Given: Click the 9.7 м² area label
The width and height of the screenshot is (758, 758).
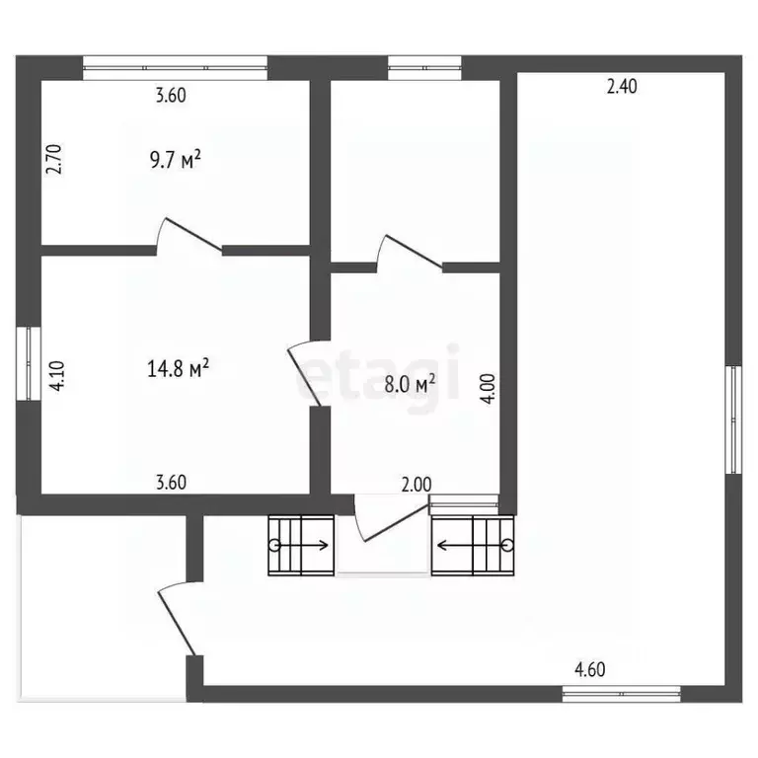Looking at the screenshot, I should pos(175,160).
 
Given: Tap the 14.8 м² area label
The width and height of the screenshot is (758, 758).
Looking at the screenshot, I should pos(179,369).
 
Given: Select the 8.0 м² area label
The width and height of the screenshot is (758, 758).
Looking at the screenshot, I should pos(410,385).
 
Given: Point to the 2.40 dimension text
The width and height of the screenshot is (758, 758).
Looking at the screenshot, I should pos(622,87).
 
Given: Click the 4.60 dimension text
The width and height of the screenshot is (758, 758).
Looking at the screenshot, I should pos(590,670).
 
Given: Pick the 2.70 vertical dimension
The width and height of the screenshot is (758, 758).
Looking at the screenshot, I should pos(56,160).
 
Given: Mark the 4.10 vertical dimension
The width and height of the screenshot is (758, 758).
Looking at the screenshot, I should pos(57,376).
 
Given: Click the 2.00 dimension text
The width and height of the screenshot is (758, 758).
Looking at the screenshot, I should pos(417,484).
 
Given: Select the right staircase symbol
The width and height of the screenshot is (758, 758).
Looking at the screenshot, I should pos(474,544).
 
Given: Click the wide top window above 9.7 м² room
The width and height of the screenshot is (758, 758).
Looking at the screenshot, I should pos(175,68).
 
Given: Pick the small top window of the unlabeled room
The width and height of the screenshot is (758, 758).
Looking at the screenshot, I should pos(424,68).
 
